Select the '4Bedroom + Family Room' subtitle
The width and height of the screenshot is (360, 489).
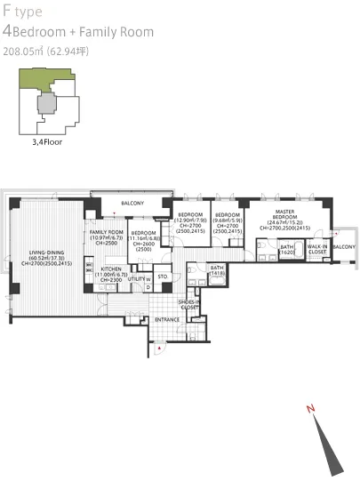tap(78, 32)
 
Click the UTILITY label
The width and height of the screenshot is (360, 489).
tap(136, 279)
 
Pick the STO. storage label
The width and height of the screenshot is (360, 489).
tap(163, 277)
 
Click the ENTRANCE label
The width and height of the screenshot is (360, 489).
tap(167, 319)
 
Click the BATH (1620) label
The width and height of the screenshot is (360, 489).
tap(286, 250)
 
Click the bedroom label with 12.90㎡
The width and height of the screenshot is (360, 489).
tap(190, 215)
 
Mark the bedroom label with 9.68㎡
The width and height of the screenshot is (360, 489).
tap(228, 215)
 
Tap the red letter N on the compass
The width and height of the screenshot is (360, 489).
tap(310, 409)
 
